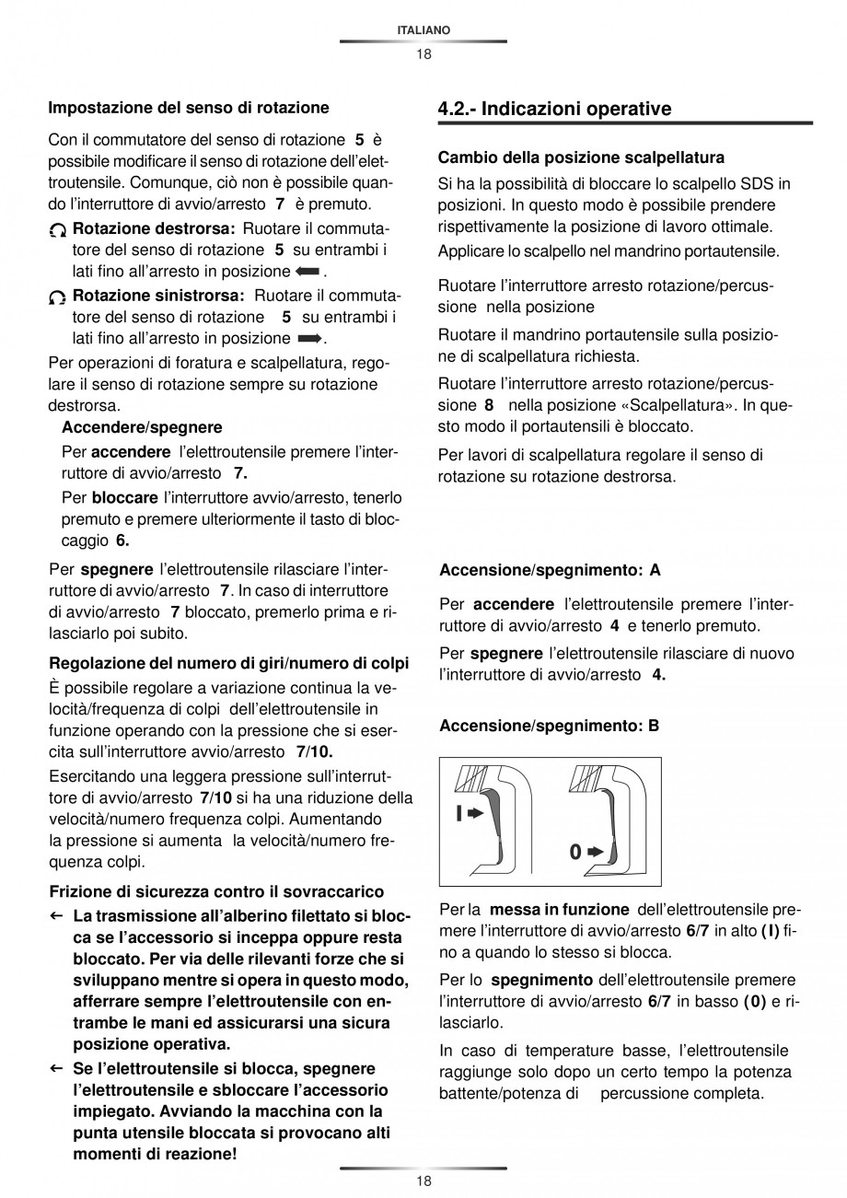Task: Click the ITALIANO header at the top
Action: coord(423,30)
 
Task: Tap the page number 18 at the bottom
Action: coord(423,1181)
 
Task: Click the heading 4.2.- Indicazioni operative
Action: coord(554,109)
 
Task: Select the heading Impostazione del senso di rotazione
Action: coord(188,108)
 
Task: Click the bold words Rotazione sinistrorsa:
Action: coord(157,296)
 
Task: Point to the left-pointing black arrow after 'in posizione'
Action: coord(307,272)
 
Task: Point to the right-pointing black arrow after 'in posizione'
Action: coord(308,340)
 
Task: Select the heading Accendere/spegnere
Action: coord(142,427)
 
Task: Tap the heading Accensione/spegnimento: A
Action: coord(550,570)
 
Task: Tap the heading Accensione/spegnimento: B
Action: coord(550,726)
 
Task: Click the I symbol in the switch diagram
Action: coord(458,813)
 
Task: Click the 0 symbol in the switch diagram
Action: coord(575,853)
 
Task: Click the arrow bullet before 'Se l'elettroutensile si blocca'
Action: coord(56,1068)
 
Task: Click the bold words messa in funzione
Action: coord(559,909)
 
